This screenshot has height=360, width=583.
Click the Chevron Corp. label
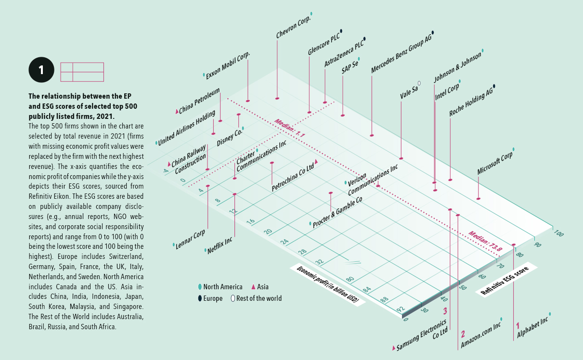click(x=293, y=27)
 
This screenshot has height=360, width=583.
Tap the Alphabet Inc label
click(x=532, y=326)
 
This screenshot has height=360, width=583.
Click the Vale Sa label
click(x=409, y=92)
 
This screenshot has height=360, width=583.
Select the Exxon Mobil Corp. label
click(x=228, y=66)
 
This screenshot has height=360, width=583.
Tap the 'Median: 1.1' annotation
click(x=290, y=129)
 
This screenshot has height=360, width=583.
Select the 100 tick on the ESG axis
click(x=558, y=233)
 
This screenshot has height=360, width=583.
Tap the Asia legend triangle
click(x=253, y=287)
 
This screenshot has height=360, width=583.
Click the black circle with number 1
click(x=41, y=70)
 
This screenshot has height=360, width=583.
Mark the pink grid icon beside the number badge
click(x=82, y=72)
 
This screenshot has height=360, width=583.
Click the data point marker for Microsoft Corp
click(x=478, y=198)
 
